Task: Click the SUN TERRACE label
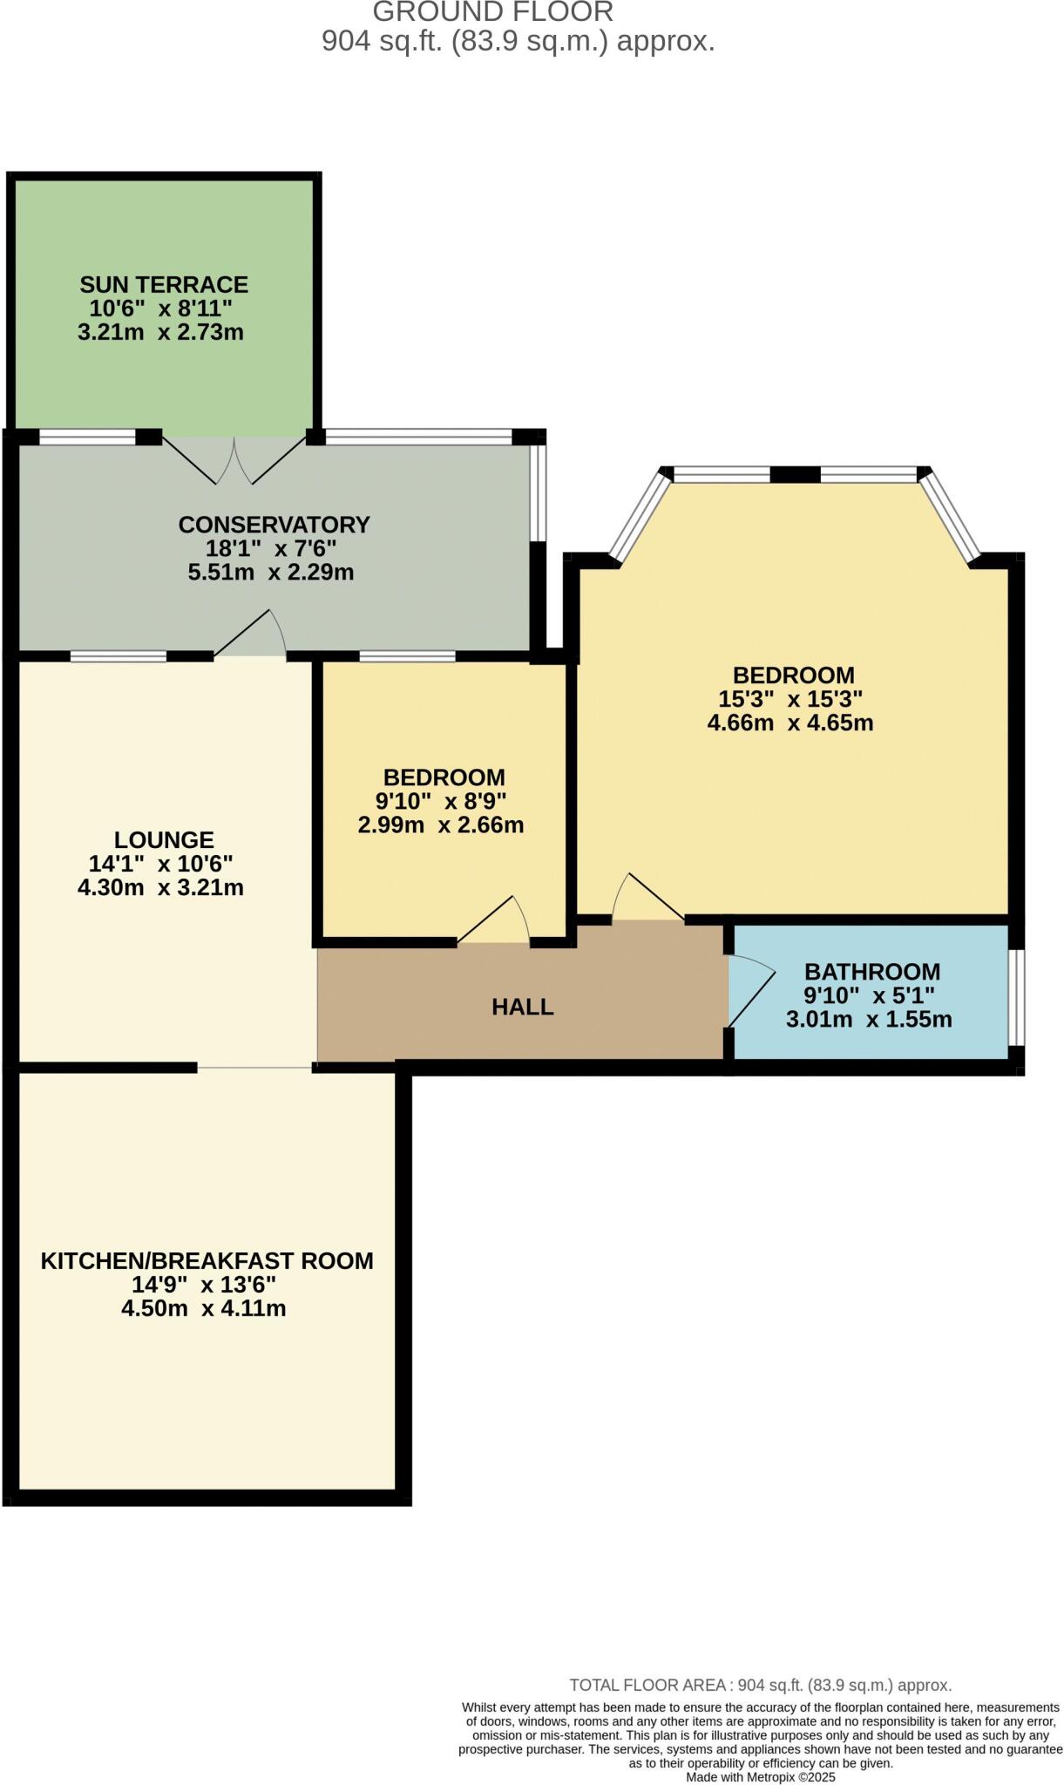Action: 164,285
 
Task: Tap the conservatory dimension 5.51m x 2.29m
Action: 271,573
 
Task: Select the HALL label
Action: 523,1007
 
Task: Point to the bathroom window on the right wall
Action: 1016,997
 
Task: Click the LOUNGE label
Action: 164,839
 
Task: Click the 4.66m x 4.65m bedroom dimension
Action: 790,723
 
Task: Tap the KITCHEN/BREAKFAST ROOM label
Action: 207,1260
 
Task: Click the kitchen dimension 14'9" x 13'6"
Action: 204,1285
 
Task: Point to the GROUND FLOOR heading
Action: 493,12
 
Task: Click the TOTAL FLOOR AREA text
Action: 760,1685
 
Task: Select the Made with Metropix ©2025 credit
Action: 760,1776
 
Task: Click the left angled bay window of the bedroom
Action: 639,516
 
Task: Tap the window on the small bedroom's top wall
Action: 408,656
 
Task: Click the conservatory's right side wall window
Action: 539,493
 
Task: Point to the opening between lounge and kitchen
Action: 255,1067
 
